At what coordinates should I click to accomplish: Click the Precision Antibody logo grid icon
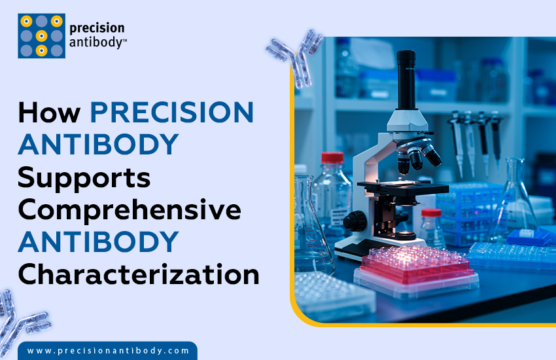tap(41, 35)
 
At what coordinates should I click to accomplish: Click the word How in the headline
tap(50, 113)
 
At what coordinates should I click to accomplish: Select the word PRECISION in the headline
tap(171, 113)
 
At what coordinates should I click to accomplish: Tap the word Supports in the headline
tap(84, 177)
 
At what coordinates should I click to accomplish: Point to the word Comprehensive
tap(130, 210)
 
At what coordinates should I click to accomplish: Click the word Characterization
tap(138, 274)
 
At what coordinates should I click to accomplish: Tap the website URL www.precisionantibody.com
tap(109, 351)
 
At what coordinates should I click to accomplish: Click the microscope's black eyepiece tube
tap(406, 78)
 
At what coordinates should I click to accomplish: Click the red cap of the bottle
tap(332, 158)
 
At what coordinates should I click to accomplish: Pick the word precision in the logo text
tap(96, 29)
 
